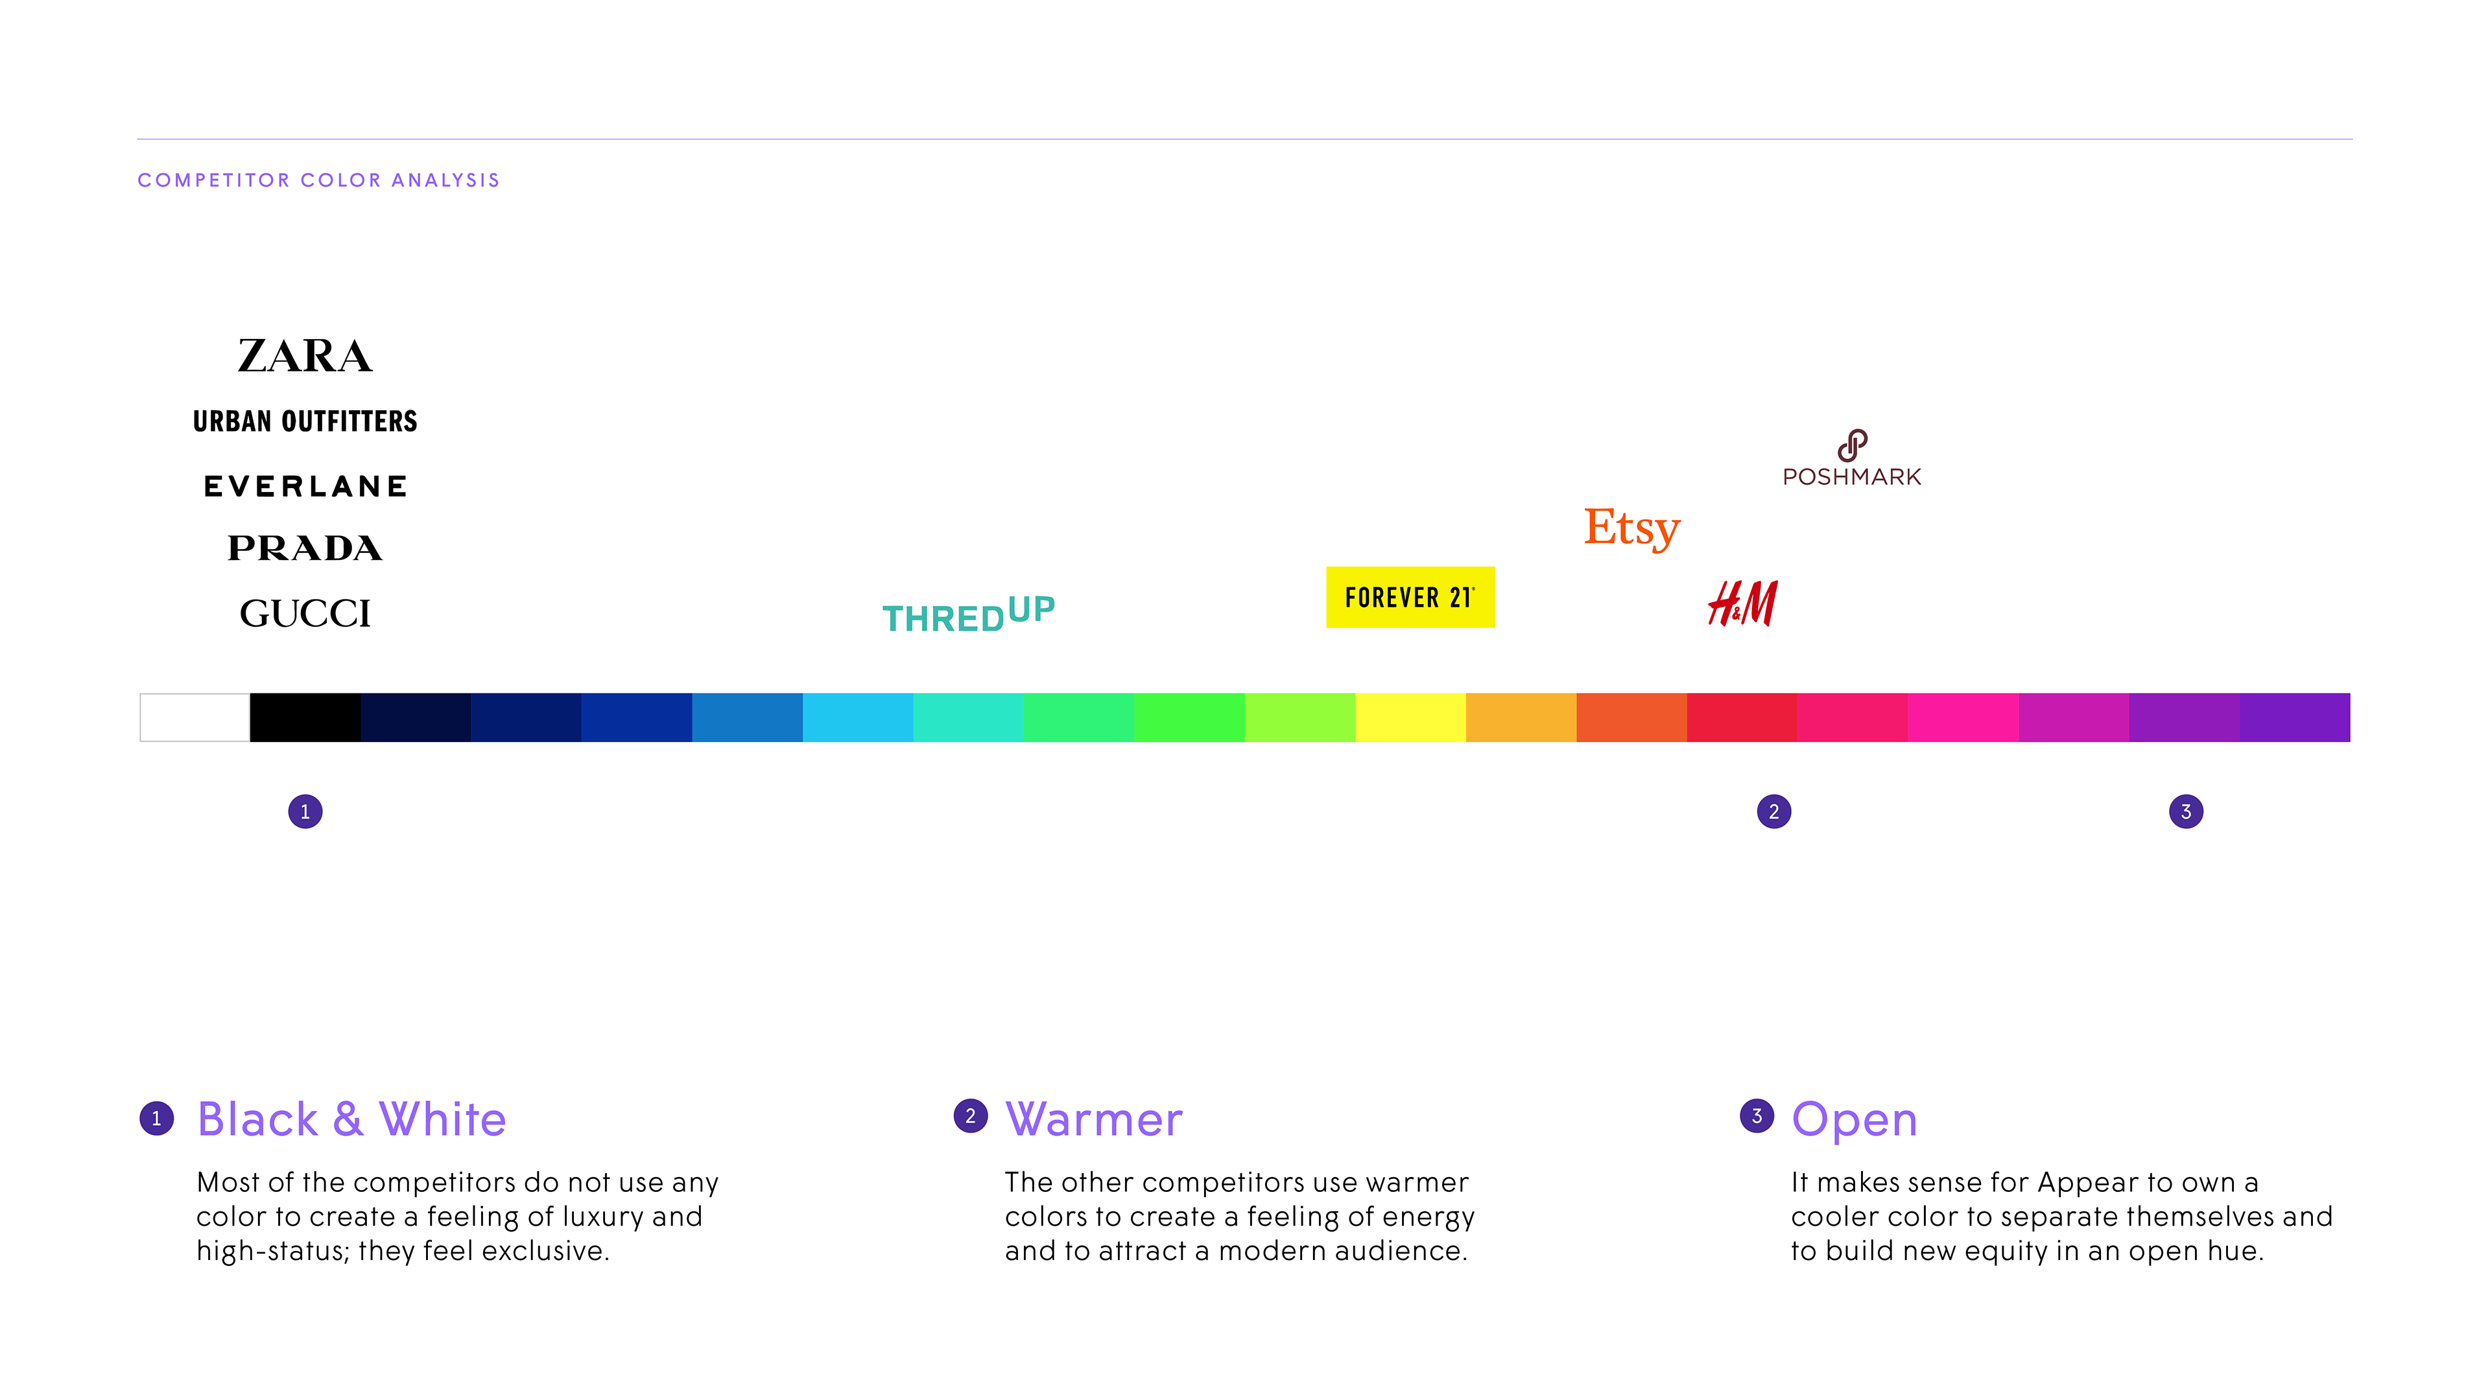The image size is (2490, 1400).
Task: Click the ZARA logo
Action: pos(305,356)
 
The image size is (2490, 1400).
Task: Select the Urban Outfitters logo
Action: pos(305,421)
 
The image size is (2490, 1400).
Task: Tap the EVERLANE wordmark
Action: pos(305,486)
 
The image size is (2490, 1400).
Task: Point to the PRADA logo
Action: pos(305,548)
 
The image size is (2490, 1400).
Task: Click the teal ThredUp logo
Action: pos(969,614)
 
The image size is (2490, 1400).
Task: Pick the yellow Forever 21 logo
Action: pos(1410,597)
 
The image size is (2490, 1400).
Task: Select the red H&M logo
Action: pos(1743,603)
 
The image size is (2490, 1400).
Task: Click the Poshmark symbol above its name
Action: pos(1852,445)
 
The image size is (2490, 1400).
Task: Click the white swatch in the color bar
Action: pos(195,717)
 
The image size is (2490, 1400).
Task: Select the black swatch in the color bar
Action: pos(305,717)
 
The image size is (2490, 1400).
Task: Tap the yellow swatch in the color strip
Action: pos(1410,717)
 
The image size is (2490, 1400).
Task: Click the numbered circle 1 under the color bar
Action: pos(305,811)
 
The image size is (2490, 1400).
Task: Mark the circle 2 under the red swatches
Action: pos(1773,811)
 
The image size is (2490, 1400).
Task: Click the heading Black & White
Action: pos(352,1119)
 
